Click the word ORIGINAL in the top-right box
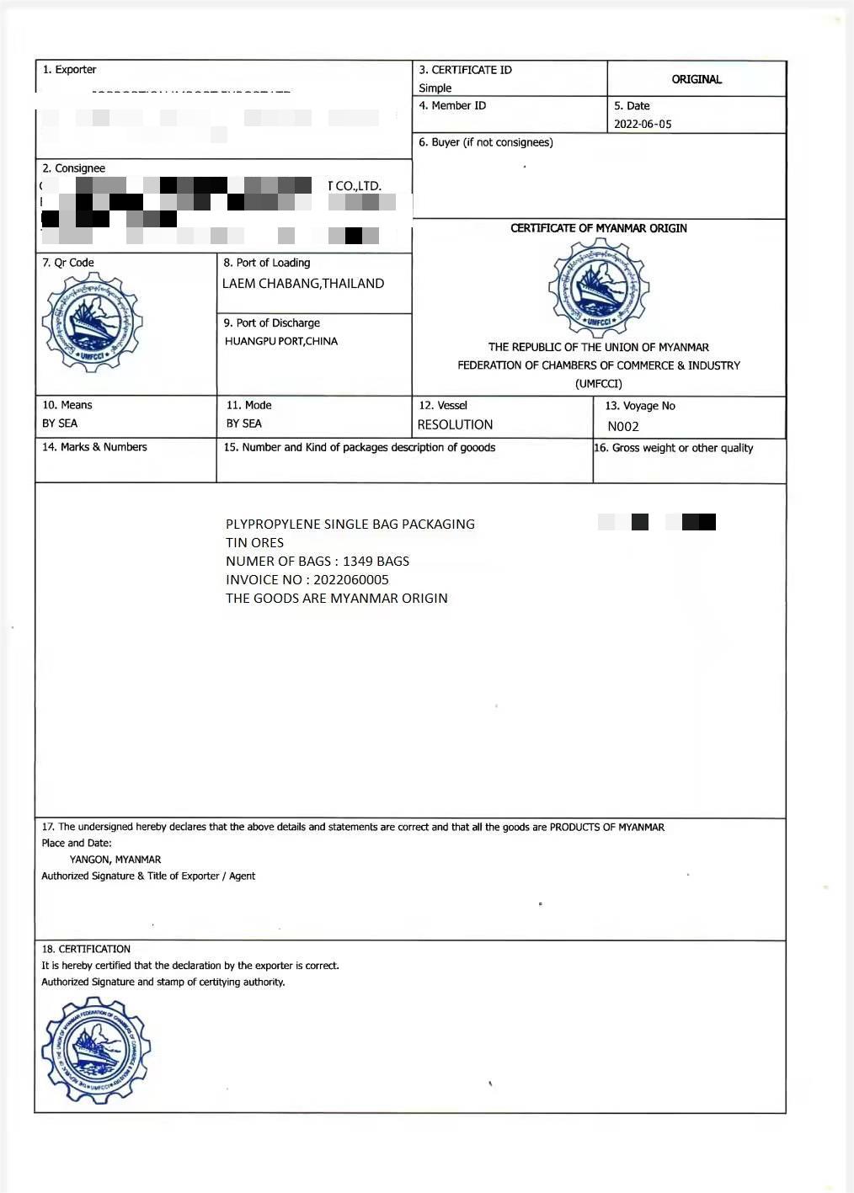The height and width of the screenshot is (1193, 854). coord(697,79)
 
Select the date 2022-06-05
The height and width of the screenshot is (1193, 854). coord(643,124)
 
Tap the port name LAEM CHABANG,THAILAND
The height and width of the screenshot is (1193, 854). coord(303,284)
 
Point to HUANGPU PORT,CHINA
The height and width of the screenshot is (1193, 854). coord(281,341)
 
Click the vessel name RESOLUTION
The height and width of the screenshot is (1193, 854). coord(455,425)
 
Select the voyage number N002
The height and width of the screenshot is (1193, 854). coord(623,426)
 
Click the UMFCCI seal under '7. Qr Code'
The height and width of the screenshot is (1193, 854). coord(93,322)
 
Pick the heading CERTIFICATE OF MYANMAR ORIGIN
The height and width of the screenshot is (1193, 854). coord(599,228)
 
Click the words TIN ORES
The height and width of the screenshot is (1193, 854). coord(254,543)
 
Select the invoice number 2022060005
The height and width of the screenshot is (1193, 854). coord(351,580)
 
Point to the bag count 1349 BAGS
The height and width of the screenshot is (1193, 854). coord(376,562)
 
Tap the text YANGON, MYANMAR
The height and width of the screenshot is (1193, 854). coord(115,860)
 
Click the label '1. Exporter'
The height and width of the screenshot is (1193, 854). coord(70,70)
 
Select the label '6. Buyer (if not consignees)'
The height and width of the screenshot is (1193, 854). coord(486,142)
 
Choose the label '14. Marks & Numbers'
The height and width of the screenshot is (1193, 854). coord(94,447)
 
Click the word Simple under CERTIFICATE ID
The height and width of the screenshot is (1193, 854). coord(435,88)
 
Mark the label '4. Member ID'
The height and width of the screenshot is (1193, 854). coord(452,106)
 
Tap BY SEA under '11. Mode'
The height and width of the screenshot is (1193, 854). coord(244,423)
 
